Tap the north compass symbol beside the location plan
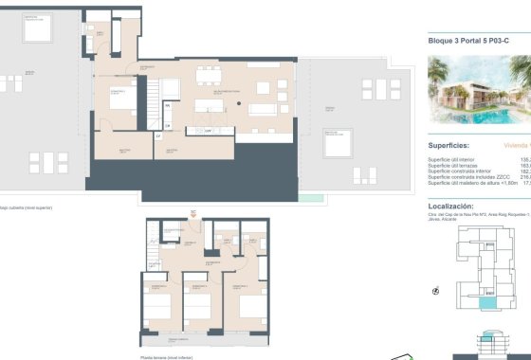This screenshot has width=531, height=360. [x=436, y=291]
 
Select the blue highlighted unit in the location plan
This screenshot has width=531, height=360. [x=489, y=302]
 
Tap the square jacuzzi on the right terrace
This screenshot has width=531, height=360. [x=335, y=143]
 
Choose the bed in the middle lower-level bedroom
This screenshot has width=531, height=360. [x=196, y=308]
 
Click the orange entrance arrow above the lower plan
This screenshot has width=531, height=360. [x=193, y=215]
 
